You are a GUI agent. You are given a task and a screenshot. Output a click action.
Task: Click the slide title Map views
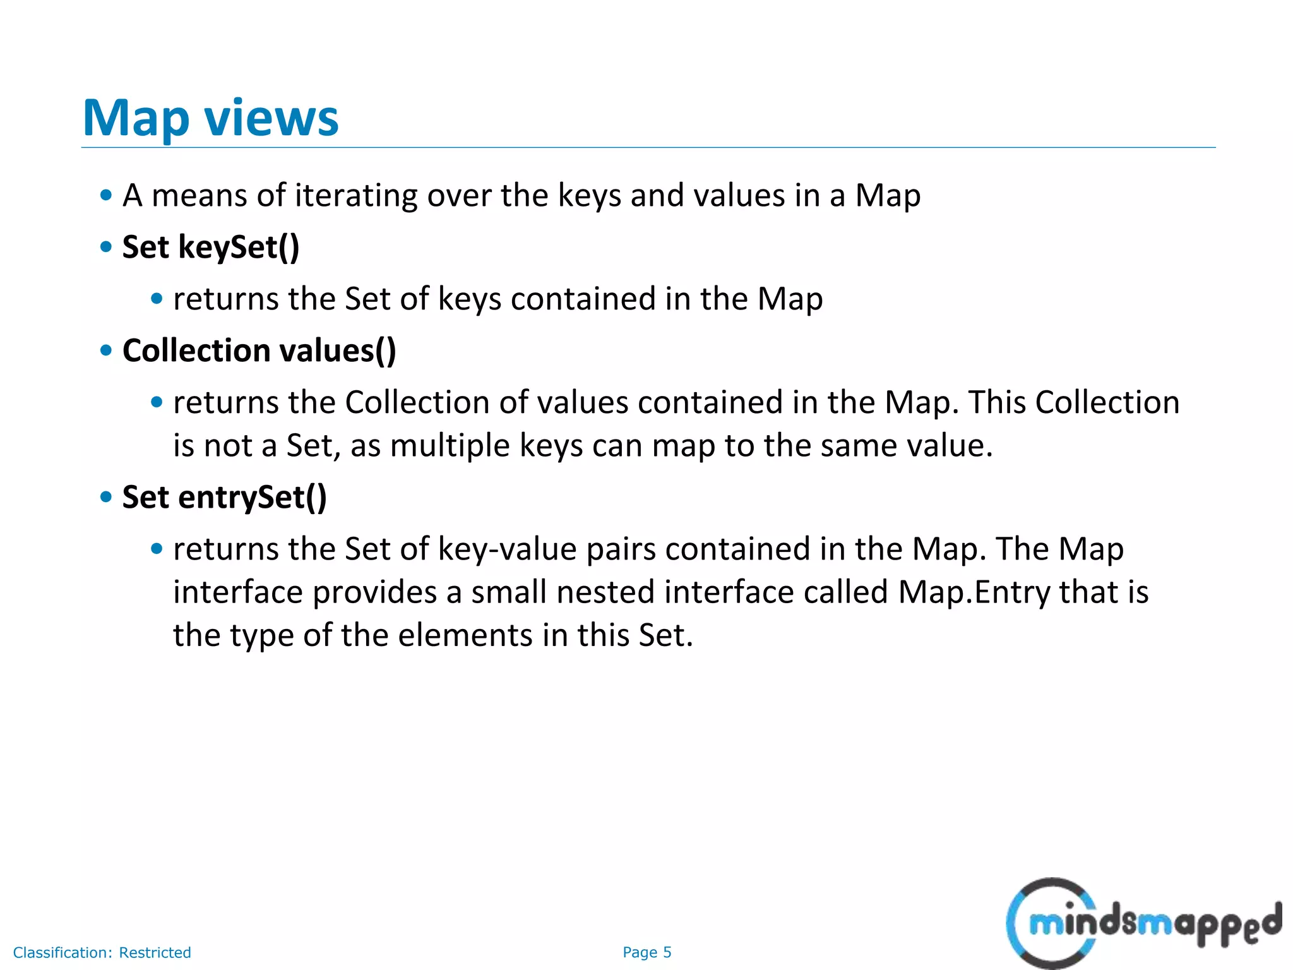210,118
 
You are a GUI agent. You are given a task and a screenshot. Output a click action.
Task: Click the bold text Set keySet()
211,247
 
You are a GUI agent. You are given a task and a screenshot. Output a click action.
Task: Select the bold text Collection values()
259,350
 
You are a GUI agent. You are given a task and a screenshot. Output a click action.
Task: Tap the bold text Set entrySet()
224,497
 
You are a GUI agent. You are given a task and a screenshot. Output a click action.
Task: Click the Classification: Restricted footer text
102,952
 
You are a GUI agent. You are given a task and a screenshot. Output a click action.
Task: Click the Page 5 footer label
646,952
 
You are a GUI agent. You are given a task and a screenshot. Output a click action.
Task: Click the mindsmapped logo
1143,923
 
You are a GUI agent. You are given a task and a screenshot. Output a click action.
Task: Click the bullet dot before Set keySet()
106,247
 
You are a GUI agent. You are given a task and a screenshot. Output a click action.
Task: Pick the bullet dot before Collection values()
106,350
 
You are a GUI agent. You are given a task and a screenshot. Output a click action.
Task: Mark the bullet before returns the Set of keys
157,299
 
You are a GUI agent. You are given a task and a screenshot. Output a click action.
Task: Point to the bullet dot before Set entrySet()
106,497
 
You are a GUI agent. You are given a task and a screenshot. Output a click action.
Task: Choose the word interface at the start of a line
238,592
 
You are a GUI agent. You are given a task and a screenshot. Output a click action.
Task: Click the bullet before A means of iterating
106,195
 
